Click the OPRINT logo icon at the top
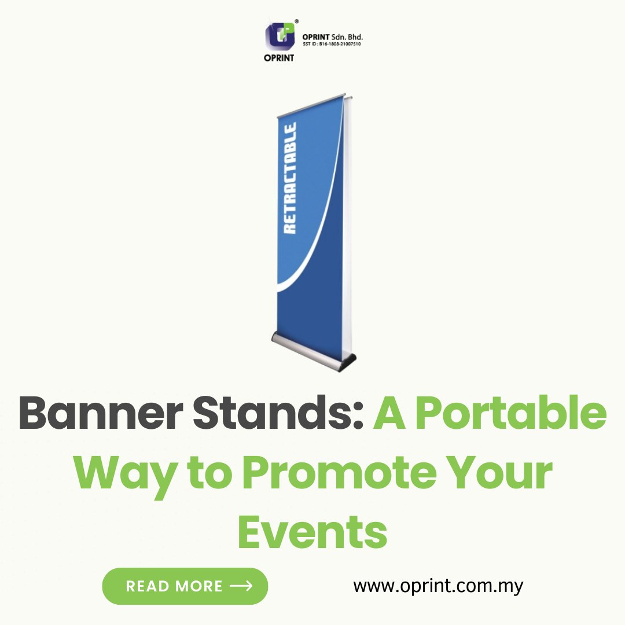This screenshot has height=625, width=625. pos(280,36)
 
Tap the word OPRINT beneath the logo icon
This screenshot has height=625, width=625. pos(279,58)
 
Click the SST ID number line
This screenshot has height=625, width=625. pos(332,44)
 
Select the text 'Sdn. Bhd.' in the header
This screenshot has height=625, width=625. pos(347,37)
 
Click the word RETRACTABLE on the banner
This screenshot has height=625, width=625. pos(290,178)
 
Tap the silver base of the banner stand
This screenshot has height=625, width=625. pos(309,350)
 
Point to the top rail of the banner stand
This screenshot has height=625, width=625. pos(311,105)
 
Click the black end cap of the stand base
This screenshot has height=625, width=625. pos(348,363)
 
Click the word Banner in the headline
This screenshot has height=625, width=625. pos(101,413)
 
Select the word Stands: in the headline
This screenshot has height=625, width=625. pos(278,413)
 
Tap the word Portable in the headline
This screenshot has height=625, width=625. pos(511,413)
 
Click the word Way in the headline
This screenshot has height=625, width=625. pos(125,475)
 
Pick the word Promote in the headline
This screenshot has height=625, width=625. pos(340,473)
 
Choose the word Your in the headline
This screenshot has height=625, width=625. pos(499,473)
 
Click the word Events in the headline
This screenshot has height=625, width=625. pos(312,532)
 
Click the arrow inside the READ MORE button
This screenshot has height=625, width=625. pos(241,586)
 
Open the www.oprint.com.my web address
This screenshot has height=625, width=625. pos(438,586)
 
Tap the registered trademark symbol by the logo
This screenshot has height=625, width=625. pos(296,21)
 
